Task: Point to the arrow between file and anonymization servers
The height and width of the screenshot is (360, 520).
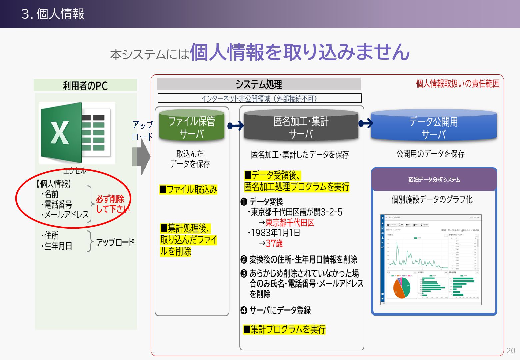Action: click(236, 126)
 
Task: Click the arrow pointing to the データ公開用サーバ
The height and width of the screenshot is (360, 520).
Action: click(366, 123)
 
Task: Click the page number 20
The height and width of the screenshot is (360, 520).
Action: click(511, 350)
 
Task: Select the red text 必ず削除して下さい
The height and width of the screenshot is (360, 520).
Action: click(112, 204)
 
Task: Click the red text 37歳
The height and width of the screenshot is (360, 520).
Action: click(274, 244)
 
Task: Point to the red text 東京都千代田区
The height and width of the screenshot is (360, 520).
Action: click(290, 223)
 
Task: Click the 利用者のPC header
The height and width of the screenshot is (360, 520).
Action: click(85, 85)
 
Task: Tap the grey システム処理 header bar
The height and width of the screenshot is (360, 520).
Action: click(259, 84)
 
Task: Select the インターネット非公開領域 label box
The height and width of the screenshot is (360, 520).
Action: click(259, 98)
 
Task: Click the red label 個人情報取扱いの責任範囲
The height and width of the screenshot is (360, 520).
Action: click(458, 84)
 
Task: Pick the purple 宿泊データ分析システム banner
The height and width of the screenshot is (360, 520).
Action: click(434, 179)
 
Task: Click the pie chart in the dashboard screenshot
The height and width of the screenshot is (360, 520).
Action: click(402, 288)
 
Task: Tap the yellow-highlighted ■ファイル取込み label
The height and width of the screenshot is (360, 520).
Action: click(188, 190)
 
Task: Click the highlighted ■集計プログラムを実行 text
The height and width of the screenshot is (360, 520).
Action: click(284, 329)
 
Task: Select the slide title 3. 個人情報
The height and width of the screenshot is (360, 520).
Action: click(53, 14)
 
